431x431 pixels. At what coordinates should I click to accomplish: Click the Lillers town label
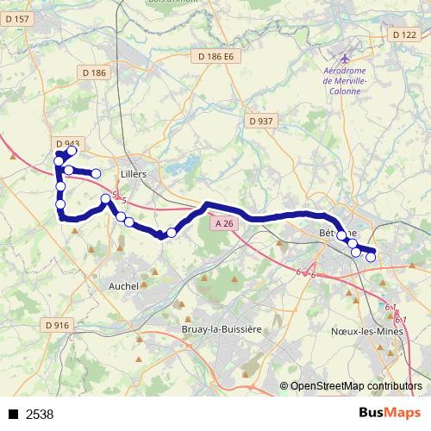coord(134,173)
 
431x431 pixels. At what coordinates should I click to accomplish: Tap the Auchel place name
coord(124,284)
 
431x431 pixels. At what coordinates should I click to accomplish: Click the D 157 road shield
coord(19,19)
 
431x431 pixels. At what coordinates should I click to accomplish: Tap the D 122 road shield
coord(403,34)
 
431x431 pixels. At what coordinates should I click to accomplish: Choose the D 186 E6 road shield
coord(215,57)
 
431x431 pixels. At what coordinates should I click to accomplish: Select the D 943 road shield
coord(67,143)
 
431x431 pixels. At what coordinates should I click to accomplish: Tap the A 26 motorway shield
coord(223,223)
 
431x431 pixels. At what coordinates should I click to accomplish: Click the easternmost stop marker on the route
coord(372,257)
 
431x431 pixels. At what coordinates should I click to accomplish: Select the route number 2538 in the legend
coord(40,415)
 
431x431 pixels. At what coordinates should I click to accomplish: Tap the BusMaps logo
coord(389,414)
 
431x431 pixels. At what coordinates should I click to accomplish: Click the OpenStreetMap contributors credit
coord(357,387)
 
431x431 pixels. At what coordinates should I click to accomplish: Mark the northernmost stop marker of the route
coord(72,151)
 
